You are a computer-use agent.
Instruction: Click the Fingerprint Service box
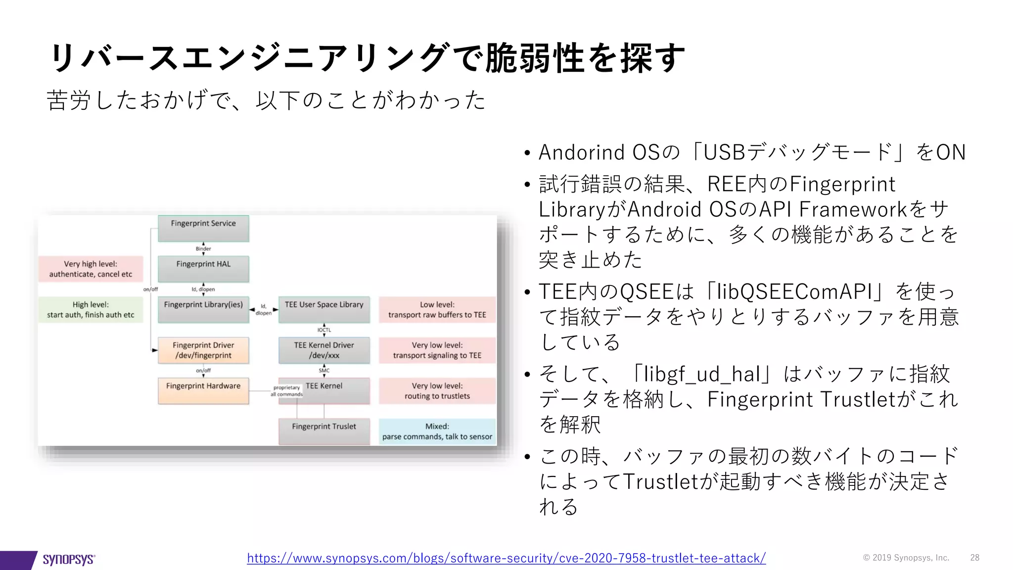click(x=203, y=228)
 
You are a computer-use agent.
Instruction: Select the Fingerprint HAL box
click(x=203, y=269)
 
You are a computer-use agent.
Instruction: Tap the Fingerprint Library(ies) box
click(x=203, y=309)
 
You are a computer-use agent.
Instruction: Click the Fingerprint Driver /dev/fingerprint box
click(x=203, y=350)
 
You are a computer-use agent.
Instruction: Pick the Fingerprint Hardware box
click(x=203, y=391)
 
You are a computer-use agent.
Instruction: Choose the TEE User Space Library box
click(x=324, y=309)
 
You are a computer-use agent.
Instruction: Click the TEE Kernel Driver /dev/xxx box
click(x=324, y=350)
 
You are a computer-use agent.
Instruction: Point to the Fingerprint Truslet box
click(x=324, y=431)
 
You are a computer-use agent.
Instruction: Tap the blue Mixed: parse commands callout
click(x=437, y=431)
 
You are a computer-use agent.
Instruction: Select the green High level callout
click(x=91, y=310)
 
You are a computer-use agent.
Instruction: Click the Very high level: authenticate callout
click(x=91, y=269)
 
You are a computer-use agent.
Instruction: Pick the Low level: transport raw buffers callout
click(x=437, y=310)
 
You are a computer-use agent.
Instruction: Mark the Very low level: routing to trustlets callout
click(x=437, y=391)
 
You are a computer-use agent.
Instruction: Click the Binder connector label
click(x=203, y=249)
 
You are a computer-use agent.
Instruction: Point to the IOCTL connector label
click(x=324, y=330)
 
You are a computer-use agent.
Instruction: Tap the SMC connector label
click(x=324, y=371)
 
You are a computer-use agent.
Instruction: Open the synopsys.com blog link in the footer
click(x=506, y=558)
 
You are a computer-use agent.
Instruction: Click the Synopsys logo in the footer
click(x=68, y=559)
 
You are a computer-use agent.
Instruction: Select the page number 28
click(x=974, y=558)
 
